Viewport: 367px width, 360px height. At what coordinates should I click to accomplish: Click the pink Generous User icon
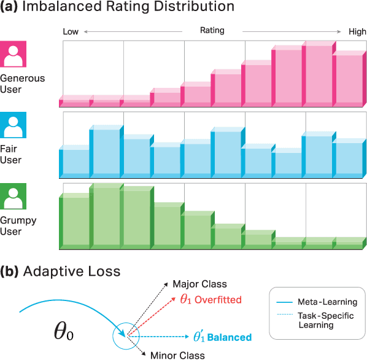[x=13, y=54]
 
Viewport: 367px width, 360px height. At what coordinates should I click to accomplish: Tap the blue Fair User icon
[x=13, y=125]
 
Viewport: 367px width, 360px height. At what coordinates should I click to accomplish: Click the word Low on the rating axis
[x=71, y=32]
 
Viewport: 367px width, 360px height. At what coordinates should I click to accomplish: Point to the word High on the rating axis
[x=357, y=32]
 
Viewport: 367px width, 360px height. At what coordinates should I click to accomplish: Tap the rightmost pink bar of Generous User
[x=347, y=80]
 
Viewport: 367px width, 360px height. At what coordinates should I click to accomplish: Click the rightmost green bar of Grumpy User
[x=347, y=242]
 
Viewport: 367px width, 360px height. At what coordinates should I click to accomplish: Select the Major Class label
[x=199, y=284]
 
